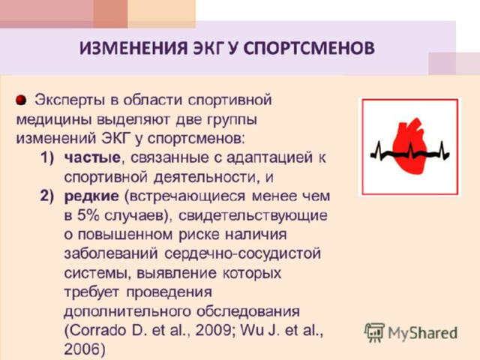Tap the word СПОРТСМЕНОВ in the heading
309,48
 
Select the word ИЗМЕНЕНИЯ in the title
133,48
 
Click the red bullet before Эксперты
21,100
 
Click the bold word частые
92,158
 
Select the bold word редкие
91,196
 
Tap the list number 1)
47,158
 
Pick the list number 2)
47,196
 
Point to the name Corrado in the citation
96,331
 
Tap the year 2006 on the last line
82,349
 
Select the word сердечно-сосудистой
242,253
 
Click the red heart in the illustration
409,146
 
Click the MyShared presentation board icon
374,333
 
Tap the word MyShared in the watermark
423,333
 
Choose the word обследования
248,312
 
